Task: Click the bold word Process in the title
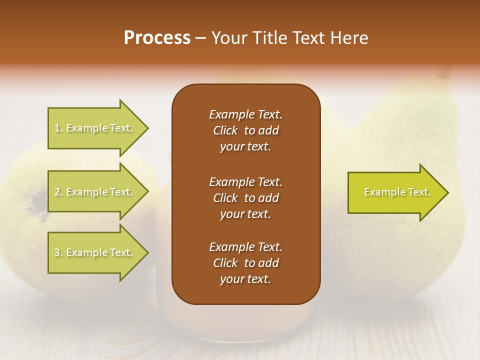point(157,38)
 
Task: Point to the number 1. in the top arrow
point(58,128)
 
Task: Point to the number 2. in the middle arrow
point(58,192)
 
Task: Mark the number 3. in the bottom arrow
point(58,252)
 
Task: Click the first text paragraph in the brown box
point(245,130)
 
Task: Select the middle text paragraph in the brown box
point(245,197)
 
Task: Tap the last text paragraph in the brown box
point(245,263)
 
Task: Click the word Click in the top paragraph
point(225,130)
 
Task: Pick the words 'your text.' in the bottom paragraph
point(245,279)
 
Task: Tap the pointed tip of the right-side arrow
point(447,192)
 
